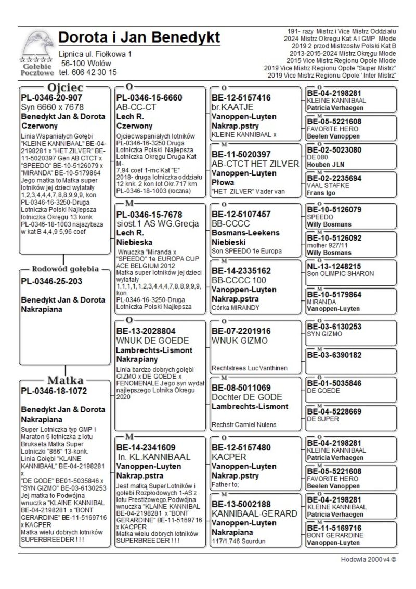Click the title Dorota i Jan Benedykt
(139, 37)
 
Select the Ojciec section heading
(65, 87)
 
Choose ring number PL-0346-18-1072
(54, 391)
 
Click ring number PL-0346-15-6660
(149, 97)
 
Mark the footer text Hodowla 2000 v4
(369, 560)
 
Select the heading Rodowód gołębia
(66, 269)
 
